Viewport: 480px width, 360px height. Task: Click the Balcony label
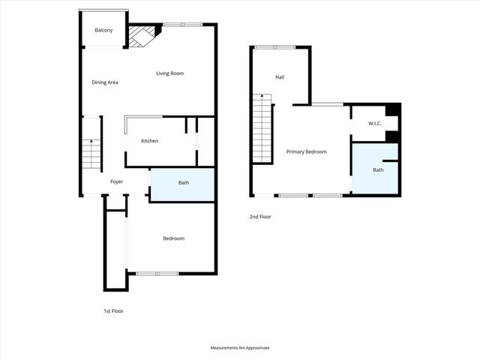(103, 30)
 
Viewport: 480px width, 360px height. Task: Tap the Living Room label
(169, 73)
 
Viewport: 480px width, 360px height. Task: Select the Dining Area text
(105, 82)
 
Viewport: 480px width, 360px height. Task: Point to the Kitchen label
(149, 141)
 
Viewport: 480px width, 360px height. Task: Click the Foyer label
(116, 182)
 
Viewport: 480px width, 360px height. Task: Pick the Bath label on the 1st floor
(183, 183)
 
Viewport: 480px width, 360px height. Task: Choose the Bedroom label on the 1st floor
(173, 238)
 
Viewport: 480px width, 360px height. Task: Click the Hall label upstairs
(280, 77)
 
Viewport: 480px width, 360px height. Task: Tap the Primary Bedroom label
(306, 151)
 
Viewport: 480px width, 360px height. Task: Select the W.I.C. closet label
(376, 123)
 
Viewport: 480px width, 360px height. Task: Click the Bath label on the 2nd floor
(378, 169)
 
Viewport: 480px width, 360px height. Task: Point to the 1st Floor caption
(113, 310)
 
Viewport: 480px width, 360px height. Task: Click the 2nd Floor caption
(260, 217)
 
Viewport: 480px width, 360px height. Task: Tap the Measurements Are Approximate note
(240, 348)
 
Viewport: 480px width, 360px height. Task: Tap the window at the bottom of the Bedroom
(157, 273)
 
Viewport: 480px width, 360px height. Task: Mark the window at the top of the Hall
(274, 47)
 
